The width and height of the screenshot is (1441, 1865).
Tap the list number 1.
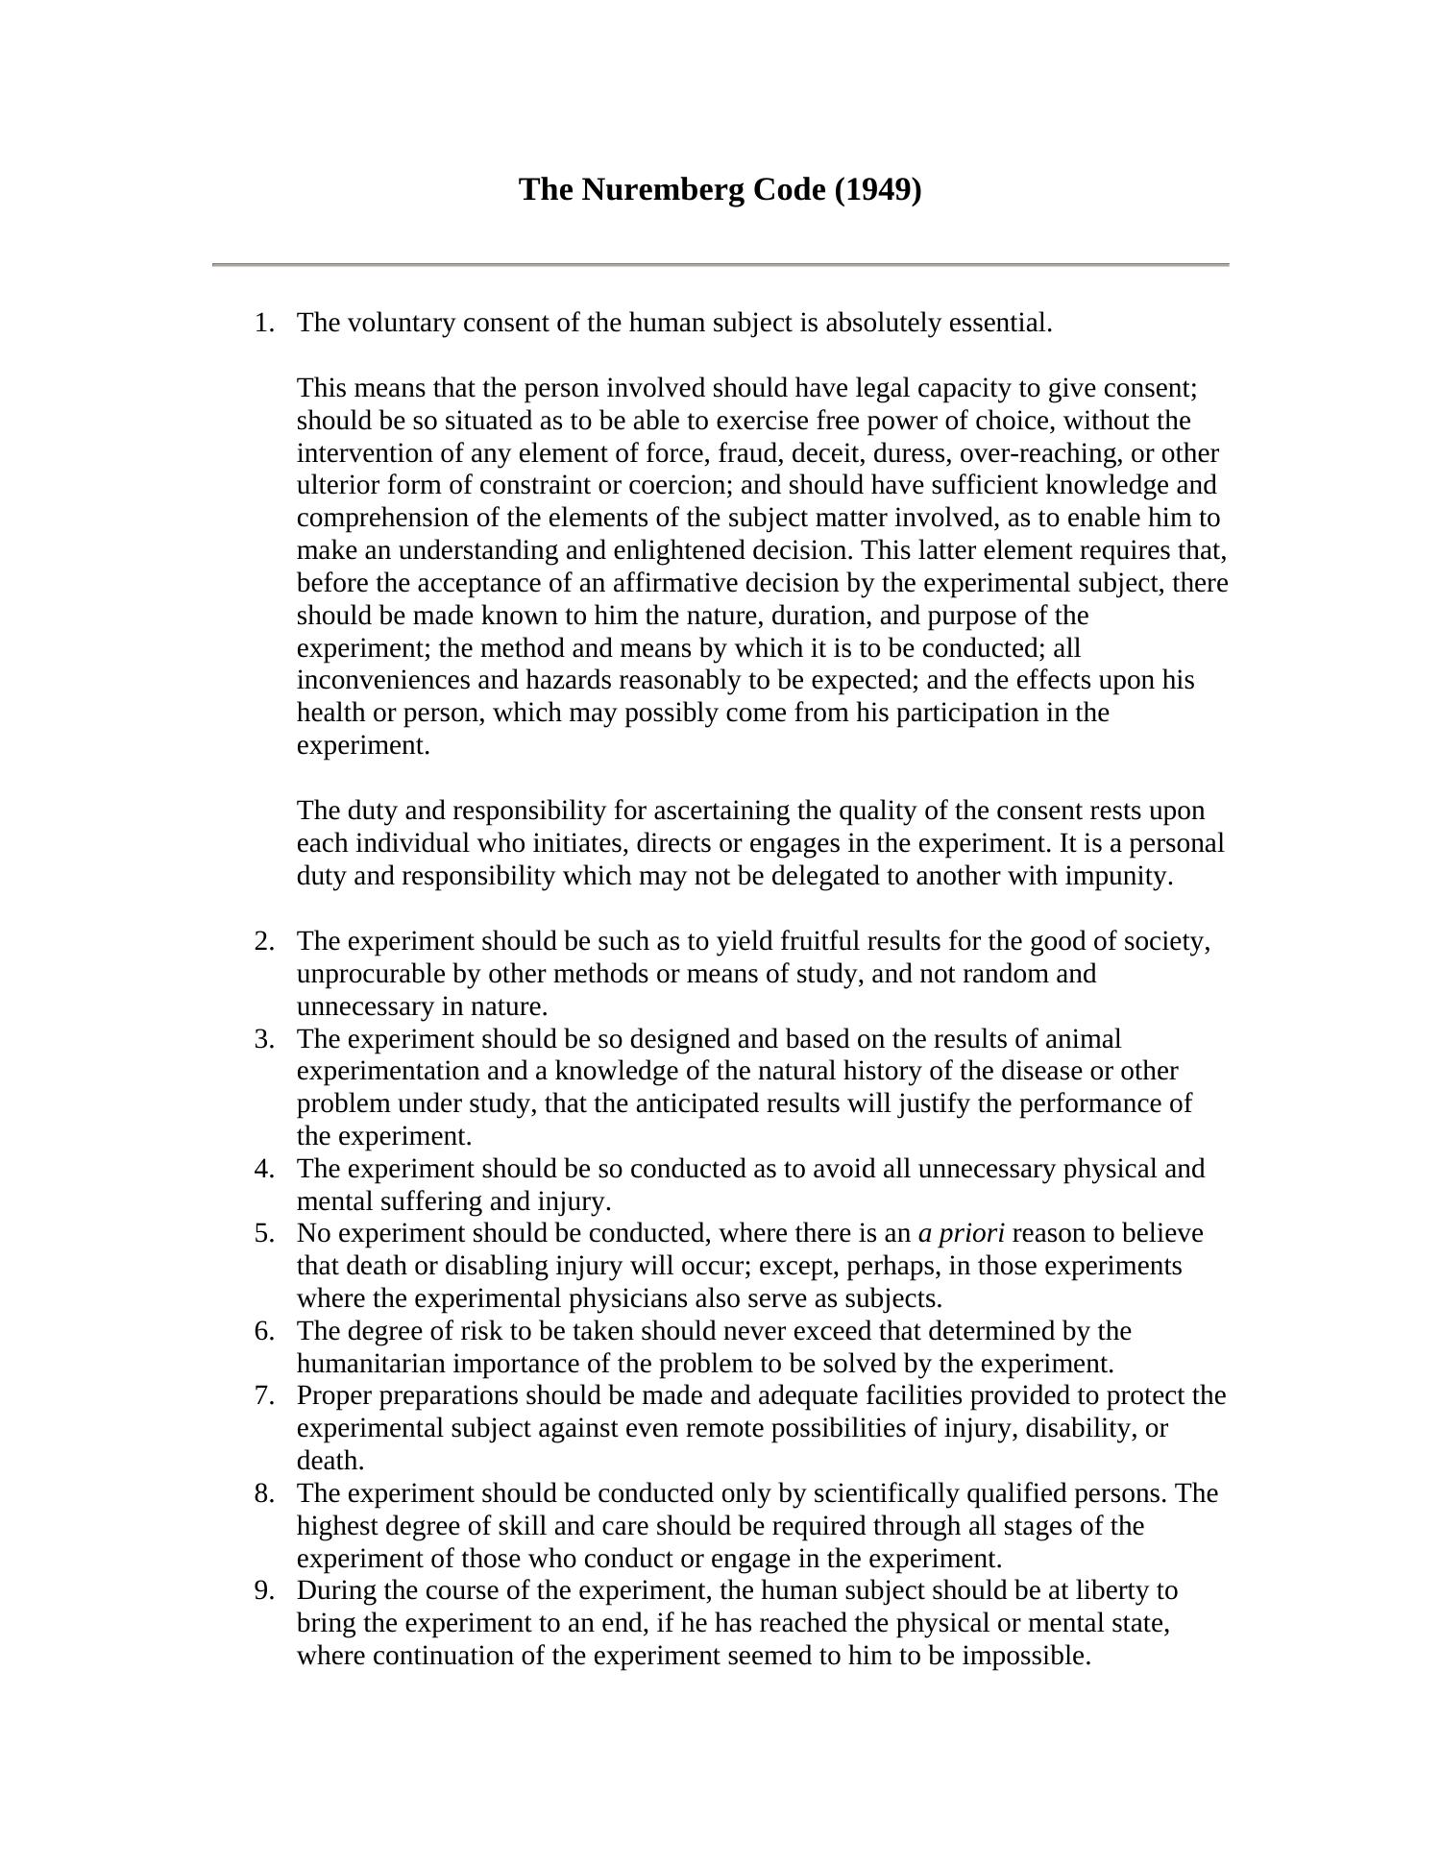click(263, 323)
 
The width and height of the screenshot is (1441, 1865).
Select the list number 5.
click(263, 1233)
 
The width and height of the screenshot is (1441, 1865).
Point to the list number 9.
click(263, 1590)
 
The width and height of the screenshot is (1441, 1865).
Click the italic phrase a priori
click(961, 1233)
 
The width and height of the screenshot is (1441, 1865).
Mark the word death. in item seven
click(330, 1461)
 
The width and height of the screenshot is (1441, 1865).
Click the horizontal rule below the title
click(720, 264)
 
